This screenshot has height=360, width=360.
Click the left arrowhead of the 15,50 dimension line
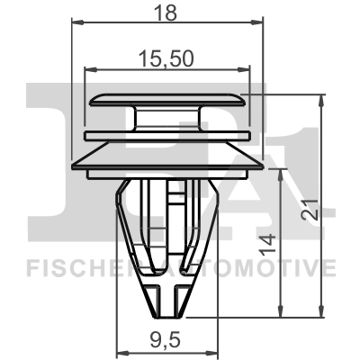coord(88,68)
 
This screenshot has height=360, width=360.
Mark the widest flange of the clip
coord(167,163)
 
